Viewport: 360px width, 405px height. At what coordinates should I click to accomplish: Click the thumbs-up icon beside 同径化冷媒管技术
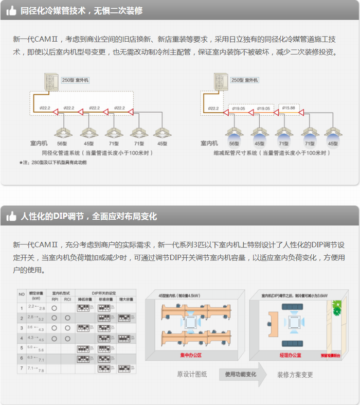(11, 10)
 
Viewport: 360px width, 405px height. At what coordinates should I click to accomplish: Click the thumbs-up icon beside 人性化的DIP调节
(11, 217)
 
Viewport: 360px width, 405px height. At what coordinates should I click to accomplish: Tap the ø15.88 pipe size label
(289, 108)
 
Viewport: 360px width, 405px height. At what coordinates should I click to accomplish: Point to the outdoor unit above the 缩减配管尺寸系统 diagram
(221, 81)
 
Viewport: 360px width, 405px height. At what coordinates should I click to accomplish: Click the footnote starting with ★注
(52, 162)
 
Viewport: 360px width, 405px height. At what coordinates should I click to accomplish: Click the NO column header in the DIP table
(22, 295)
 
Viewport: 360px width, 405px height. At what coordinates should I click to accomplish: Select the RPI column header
(55, 299)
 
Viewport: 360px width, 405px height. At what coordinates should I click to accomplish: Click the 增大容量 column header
(126, 299)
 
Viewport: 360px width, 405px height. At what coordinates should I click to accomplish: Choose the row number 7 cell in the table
(22, 368)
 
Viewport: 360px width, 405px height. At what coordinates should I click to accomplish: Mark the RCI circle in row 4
(67, 338)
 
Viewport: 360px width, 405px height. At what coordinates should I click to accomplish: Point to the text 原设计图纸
(192, 375)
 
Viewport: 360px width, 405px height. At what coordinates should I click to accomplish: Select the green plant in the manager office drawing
(337, 309)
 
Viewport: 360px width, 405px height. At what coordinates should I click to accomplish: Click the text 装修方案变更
(295, 375)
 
